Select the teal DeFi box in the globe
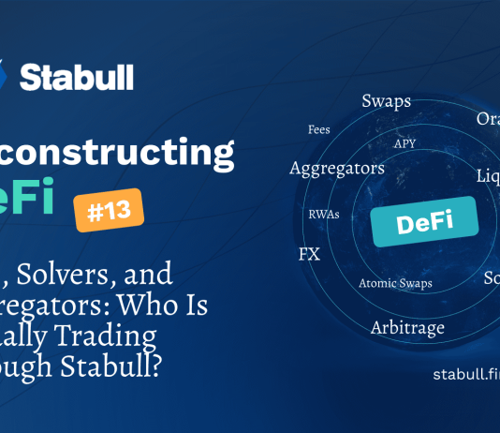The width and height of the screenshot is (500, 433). point(424,222)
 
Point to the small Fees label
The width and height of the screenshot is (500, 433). point(318,129)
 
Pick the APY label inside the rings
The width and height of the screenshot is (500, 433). point(404,143)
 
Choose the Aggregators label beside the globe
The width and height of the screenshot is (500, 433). point(324,169)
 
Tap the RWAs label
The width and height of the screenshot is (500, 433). point(323,214)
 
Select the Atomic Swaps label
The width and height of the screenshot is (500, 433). point(392,282)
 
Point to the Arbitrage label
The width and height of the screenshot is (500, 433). point(407,328)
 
